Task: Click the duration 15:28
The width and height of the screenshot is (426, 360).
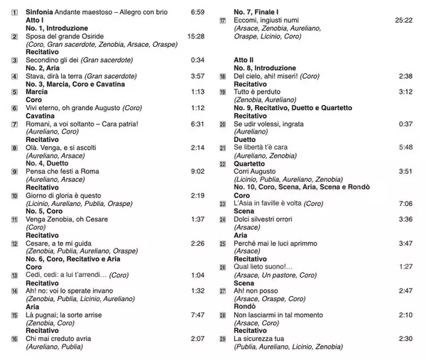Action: pos(195,36)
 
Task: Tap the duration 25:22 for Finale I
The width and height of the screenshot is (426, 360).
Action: pos(403,21)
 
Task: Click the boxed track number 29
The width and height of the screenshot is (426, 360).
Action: pos(222,337)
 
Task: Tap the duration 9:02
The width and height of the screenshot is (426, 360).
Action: pos(197,171)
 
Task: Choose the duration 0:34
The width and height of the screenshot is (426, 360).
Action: pos(197,60)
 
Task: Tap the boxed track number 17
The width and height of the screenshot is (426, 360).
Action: pos(222,21)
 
